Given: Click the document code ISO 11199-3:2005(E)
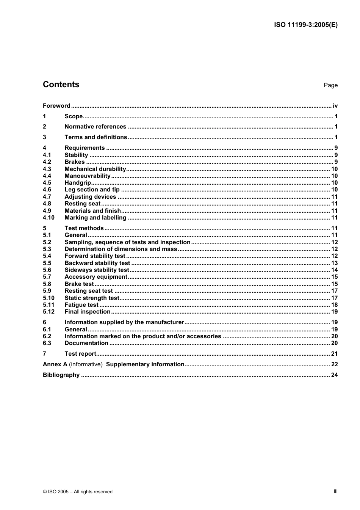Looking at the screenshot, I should [x=305, y=25].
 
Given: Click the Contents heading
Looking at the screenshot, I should [x=61, y=85].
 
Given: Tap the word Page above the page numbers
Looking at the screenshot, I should [x=330, y=85].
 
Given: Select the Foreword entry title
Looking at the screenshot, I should [x=56, y=106].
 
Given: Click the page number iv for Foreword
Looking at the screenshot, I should [x=335, y=106].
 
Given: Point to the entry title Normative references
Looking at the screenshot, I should [x=95, y=127].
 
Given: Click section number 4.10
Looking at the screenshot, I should [x=49, y=218].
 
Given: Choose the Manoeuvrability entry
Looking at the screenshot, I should [x=88, y=176].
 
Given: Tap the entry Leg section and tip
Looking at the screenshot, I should [x=92, y=190].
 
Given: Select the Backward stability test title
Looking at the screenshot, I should [x=97, y=263].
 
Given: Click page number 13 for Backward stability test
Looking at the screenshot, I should [x=334, y=263].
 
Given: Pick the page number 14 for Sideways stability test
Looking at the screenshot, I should [x=334, y=270].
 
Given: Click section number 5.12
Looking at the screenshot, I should [x=49, y=312].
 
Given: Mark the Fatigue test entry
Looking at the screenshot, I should [x=81, y=305].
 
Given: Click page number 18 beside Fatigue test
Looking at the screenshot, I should [x=334, y=305].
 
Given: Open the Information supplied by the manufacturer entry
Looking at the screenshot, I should [x=124, y=322].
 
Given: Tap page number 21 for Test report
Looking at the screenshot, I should [x=334, y=354].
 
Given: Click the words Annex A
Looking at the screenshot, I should [x=55, y=364].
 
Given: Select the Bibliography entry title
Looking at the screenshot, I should [x=61, y=375].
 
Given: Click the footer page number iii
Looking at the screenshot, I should [x=335, y=491].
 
